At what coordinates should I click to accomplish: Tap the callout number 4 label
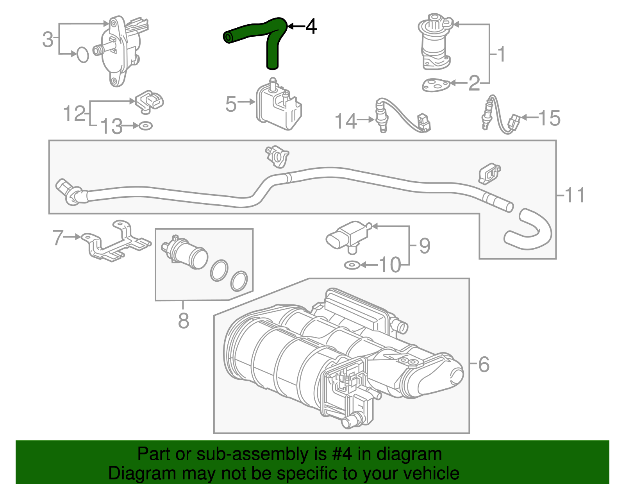pyautogui.click(x=311, y=27)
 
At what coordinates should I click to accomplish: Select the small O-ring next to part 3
pyautogui.click(x=82, y=55)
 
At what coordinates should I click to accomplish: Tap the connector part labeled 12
pyautogui.click(x=150, y=100)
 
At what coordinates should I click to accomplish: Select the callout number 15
pyautogui.click(x=549, y=118)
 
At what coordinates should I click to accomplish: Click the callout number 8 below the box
pyautogui.click(x=184, y=321)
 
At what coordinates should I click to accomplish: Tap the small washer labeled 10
pyautogui.click(x=352, y=265)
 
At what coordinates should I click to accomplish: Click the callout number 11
pyautogui.click(x=575, y=195)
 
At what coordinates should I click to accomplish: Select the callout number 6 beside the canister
pyautogui.click(x=484, y=365)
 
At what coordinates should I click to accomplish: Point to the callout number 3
pyautogui.click(x=48, y=39)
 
